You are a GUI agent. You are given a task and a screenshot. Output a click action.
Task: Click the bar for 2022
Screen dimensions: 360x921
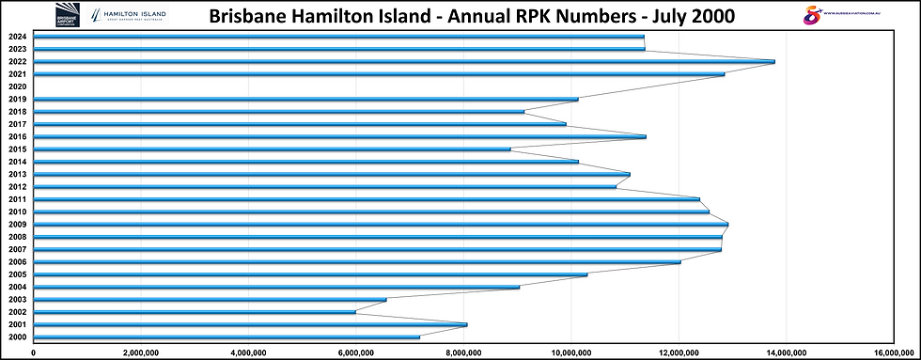(404, 61)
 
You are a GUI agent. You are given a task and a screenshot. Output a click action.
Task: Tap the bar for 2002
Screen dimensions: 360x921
(195, 312)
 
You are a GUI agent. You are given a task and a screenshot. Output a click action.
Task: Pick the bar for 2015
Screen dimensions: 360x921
(273, 149)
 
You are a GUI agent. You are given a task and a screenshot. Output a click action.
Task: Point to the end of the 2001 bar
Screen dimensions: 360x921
(466, 324)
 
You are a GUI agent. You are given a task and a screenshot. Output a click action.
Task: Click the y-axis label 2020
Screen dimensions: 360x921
(16, 86)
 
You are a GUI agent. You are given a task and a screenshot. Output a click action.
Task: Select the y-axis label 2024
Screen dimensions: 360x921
(16, 36)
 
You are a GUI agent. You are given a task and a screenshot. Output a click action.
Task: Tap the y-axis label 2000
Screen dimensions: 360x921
(16, 337)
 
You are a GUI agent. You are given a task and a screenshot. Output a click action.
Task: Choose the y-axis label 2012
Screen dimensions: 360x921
(16, 187)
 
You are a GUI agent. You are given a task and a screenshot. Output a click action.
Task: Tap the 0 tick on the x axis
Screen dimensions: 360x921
(34, 353)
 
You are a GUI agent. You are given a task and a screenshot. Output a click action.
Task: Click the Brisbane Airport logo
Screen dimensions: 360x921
(70, 17)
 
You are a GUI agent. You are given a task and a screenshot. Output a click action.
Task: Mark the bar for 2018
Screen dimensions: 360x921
(279, 111)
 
